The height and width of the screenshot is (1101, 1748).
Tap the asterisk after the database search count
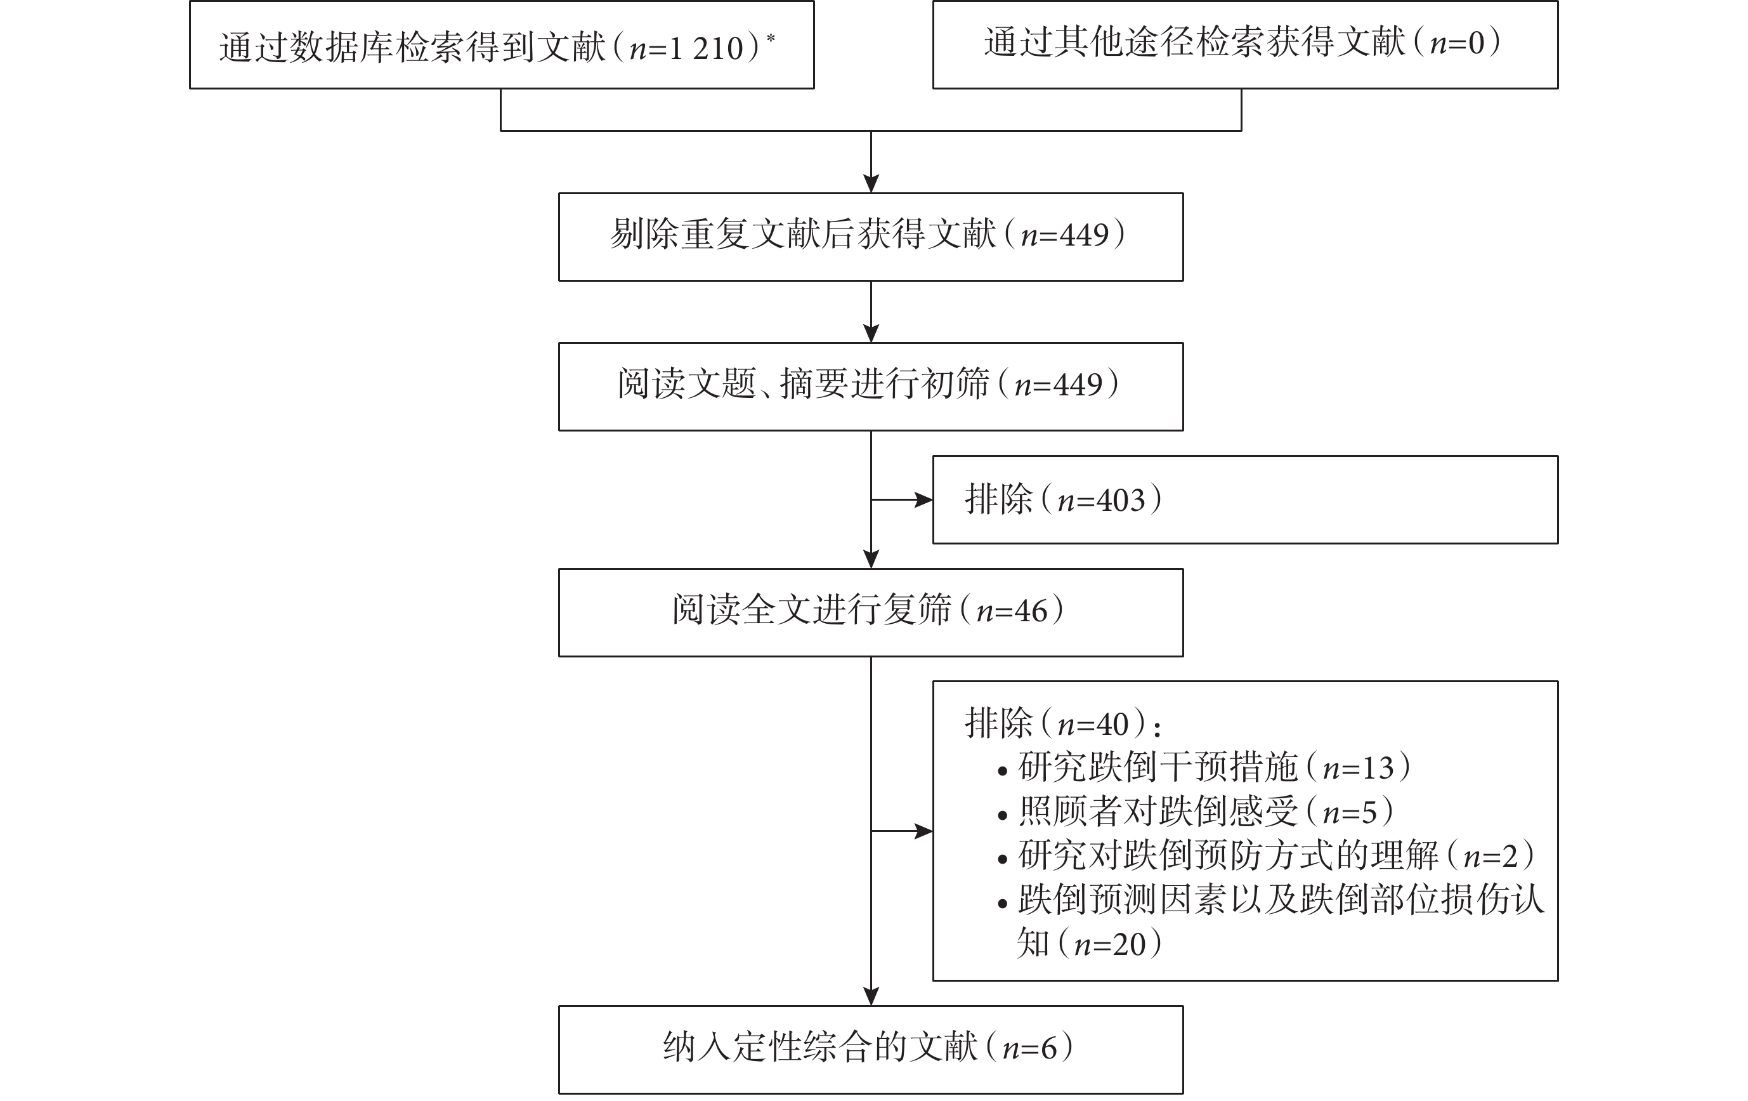770,38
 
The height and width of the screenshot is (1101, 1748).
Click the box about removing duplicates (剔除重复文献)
870,237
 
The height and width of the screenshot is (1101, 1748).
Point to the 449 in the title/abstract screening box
1079,385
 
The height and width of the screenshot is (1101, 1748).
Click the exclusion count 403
1121,501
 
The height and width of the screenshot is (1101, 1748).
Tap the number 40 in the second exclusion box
1113,725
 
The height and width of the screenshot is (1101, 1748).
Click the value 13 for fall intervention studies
1378,768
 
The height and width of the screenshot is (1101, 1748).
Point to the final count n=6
1030,1048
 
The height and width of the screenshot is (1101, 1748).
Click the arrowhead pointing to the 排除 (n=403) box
924,499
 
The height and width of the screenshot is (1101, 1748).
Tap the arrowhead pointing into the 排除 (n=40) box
924,831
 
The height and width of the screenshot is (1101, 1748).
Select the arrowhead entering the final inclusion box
871,996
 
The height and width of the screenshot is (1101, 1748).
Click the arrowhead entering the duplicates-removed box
871,184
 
